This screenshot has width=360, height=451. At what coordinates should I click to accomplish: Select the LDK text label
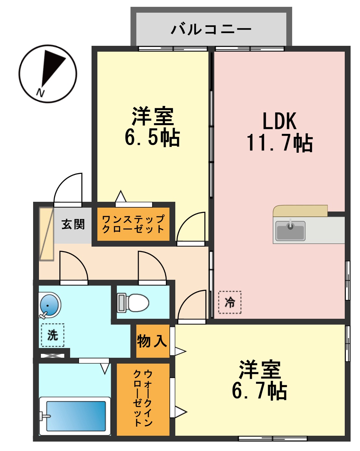click(279, 121)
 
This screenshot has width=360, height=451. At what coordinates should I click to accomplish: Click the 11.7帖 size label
click(279, 143)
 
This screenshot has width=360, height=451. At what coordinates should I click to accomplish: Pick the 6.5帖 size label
click(152, 137)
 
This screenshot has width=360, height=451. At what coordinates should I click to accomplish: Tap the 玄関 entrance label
click(73, 224)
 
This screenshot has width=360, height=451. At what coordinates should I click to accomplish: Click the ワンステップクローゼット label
click(133, 224)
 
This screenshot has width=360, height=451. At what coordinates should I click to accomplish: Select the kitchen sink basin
click(290, 230)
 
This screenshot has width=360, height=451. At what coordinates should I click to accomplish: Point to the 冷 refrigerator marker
click(230, 303)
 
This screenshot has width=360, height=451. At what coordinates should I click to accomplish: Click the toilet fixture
click(134, 303)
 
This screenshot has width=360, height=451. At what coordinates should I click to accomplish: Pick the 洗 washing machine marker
click(53, 335)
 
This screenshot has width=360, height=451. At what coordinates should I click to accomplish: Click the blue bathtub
click(76, 416)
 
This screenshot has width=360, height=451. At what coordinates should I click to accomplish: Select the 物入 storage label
click(152, 341)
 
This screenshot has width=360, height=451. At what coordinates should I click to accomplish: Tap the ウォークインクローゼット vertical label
click(143, 398)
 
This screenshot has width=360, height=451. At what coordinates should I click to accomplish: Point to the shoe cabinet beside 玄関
click(46, 234)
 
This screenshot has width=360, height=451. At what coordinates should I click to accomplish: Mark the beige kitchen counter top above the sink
click(300, 211)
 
